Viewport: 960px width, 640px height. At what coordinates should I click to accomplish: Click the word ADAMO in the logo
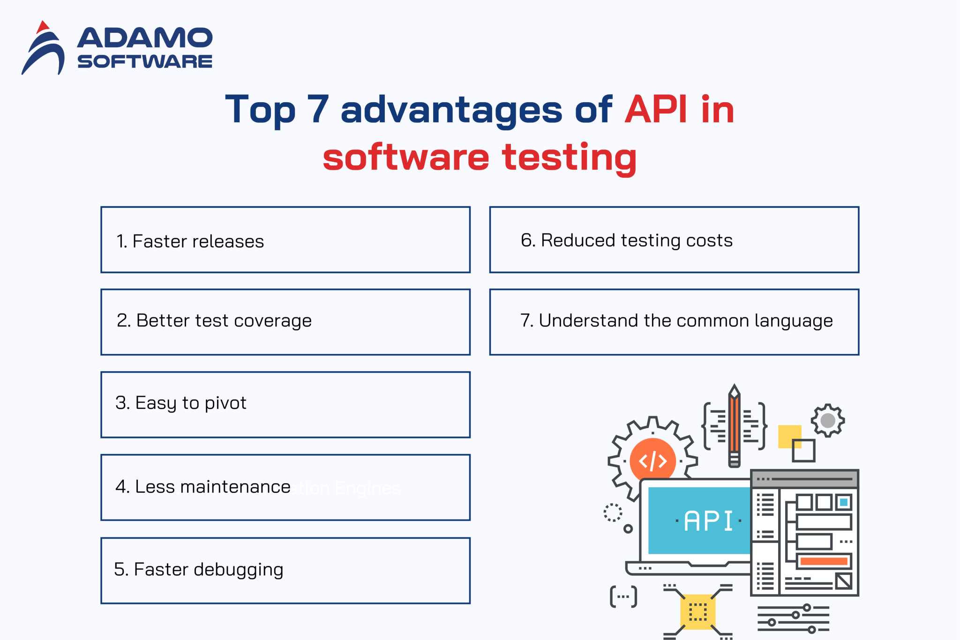[x=145, y=38]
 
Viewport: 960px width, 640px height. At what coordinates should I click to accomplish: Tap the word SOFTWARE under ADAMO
[x=145, y=61]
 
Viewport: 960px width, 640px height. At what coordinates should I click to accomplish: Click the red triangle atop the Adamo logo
[x=43, y=27]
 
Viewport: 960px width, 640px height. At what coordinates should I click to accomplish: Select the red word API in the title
[x=656, y=110]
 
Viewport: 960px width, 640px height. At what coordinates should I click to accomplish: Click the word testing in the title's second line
[x=569, y=158]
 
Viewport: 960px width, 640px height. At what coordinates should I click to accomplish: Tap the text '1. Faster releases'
[x=190, y=241]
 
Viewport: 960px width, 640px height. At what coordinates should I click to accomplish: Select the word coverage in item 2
[x=272, y=321]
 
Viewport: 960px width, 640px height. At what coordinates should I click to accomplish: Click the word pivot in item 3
[x=225, y=403]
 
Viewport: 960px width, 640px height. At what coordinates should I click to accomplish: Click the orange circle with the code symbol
[x=652, y=460]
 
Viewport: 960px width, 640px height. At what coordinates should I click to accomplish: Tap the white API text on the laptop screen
[x=708, y=521]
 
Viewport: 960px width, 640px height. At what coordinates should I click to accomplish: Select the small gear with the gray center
[x=828, y=420]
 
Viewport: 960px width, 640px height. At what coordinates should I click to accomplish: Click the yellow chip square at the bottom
[x=697, y=611]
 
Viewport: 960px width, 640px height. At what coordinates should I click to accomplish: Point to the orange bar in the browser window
[x=824, y=561]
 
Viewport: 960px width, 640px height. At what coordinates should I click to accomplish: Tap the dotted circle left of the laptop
[x=613, y=512]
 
